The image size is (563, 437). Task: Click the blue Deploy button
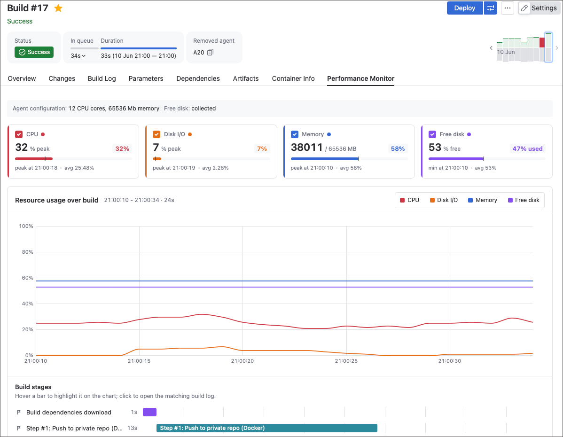(x=465, y=8)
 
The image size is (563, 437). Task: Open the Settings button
(x=539, y=8)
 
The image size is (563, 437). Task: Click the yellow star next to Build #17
(x=58, y=8)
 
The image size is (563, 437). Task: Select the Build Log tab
(x=102, y=78)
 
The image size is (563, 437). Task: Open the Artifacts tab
(x=246, y=78)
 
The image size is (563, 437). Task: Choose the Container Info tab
(x=293, y=78)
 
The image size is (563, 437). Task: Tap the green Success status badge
(x=34, y=52)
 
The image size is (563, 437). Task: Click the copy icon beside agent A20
(x=211, y=52)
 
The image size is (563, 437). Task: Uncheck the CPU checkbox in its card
(x=19, y=134)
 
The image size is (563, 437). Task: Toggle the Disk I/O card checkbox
(x=156, y=134)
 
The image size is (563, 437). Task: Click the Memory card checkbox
(x=295, y=134)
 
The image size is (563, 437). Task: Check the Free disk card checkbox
(x=432, y=134)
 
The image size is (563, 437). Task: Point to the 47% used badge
(x=527, y=148)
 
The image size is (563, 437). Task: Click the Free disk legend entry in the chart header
(x=524, y=200)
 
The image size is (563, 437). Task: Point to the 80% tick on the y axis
(x=27, y=252)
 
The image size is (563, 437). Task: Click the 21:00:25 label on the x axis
(x=346, y=361)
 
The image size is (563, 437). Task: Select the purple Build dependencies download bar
(x=150, y=412)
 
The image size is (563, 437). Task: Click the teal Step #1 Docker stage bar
(x=267, y=428)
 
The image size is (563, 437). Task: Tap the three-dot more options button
(x=508, y=8)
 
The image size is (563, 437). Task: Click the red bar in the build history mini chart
(x=542, y=42)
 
